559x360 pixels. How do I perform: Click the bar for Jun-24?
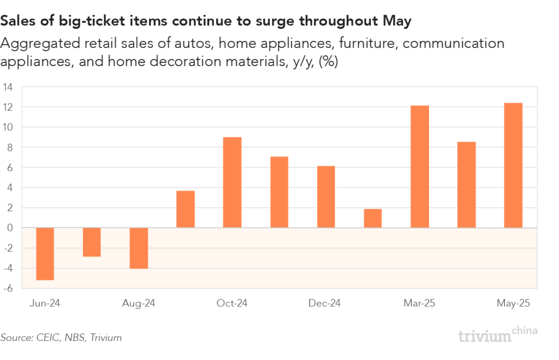(45, 254)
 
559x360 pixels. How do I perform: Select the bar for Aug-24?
(139, 248)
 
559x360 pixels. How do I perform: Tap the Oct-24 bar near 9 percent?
(232, 182)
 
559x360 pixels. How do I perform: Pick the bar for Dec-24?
(325, 197)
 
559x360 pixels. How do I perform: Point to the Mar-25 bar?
(419, 166)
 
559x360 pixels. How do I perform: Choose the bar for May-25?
(513, 165)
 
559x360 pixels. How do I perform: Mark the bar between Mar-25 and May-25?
(466, 185)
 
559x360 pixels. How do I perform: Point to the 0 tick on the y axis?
(10, 228)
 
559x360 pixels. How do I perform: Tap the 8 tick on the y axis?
(10, 147)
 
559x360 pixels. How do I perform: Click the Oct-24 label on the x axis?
(232, 303)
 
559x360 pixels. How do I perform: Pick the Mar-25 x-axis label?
(419, 303)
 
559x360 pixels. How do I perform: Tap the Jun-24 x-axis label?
(45, 303)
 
